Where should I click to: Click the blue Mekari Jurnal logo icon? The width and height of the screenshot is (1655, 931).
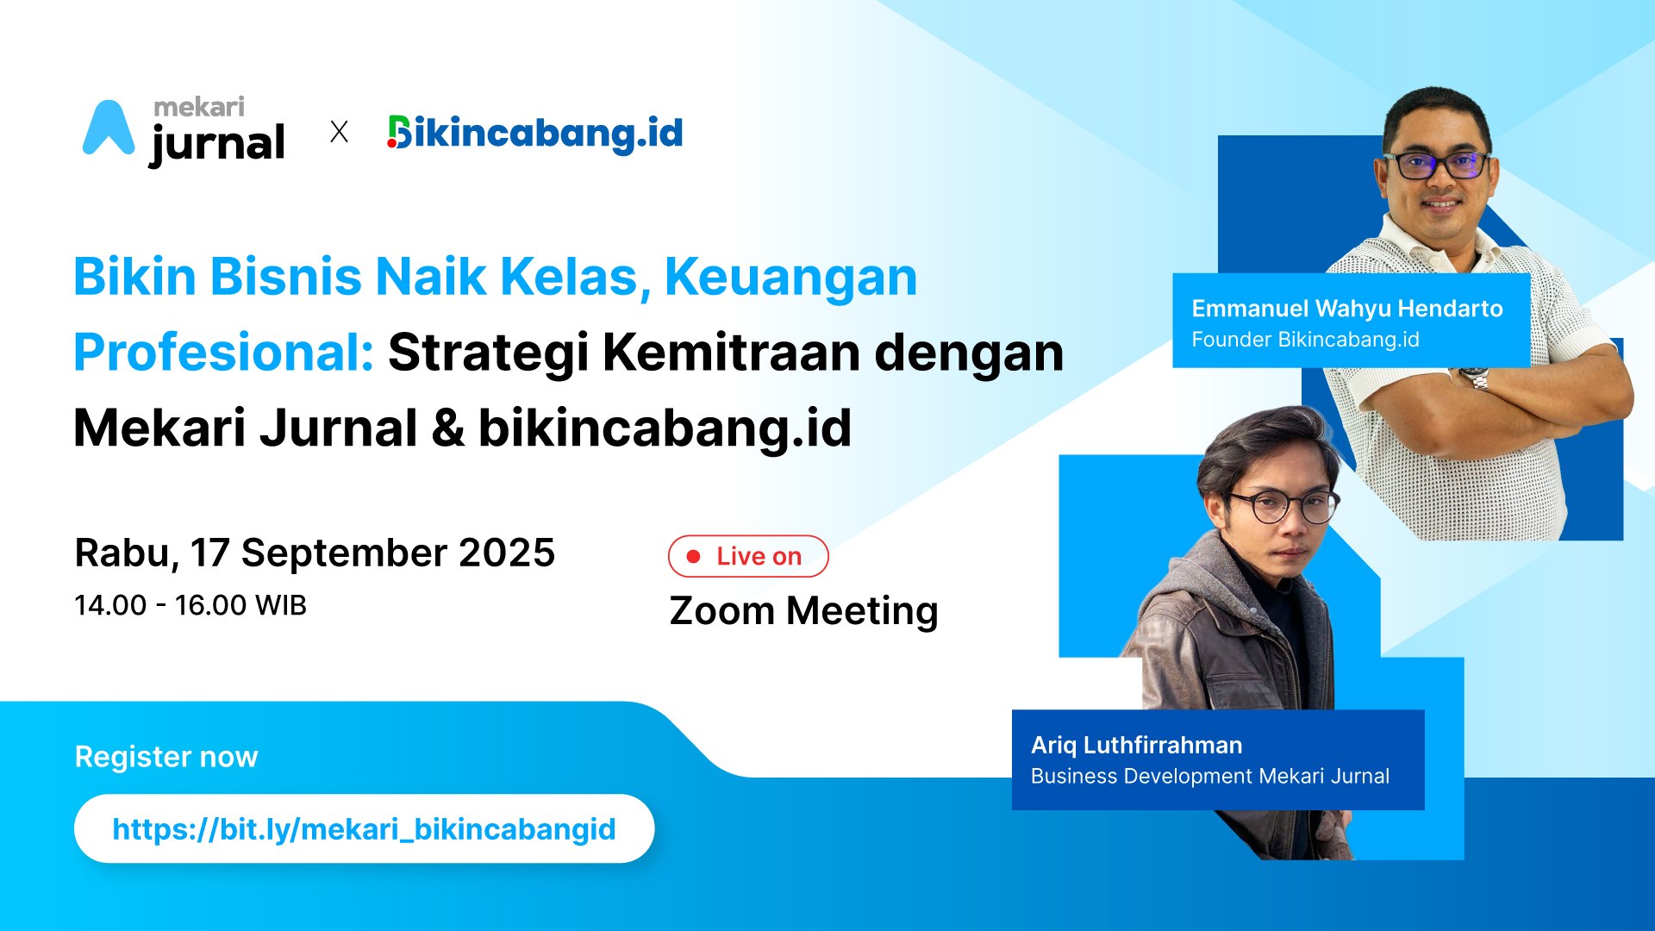(109, 129)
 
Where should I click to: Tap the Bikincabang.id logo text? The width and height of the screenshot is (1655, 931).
(535, 134)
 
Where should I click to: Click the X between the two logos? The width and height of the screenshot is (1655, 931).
(340, 132)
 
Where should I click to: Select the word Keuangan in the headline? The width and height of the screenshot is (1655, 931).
(790, 278)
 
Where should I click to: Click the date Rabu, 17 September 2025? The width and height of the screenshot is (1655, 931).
(315, 553)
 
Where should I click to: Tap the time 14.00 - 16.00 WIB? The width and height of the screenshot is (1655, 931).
(190, 605)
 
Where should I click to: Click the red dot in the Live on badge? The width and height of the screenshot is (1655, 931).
(693, 557)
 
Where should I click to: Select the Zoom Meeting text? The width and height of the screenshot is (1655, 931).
(803, 611)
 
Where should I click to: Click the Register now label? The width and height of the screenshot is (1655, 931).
(166, 756)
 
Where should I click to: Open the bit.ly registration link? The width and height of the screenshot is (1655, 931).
(364, 829)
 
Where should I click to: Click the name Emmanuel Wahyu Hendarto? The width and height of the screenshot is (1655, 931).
(1347, 309)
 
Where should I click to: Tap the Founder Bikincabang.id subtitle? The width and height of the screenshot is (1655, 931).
(1305, 340)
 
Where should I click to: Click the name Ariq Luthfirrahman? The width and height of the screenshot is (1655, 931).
(1137, 745)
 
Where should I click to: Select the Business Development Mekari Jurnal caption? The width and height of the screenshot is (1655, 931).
(1210, 776)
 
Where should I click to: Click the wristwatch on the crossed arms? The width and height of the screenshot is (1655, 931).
(1475, 378)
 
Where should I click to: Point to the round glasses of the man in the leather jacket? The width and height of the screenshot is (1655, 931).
(1283, 506)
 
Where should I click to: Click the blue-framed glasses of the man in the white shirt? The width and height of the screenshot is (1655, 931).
(1437, 165)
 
